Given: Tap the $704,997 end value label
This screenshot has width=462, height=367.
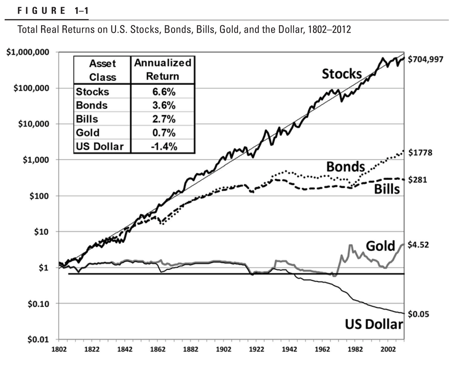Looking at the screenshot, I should click(x=425, y=59).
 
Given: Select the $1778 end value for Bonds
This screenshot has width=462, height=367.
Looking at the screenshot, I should click(x=420, y=153).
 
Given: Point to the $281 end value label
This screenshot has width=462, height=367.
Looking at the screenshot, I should click(x=418, y=180).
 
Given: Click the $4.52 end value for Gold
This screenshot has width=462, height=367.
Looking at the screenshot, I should click(x=419, y=245).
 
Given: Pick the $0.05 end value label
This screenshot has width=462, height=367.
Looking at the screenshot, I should click(x=419, y=314).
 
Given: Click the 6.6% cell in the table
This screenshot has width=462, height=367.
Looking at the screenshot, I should click(x=163, y=92).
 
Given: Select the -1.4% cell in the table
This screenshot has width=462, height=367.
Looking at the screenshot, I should click(x=163, y=146).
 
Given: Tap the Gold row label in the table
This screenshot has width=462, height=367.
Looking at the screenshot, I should click(x=88, y=133).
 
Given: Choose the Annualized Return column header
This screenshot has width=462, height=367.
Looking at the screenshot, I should click(x=163, y=69).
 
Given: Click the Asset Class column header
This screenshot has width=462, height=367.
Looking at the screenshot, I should click(x=102, y=70).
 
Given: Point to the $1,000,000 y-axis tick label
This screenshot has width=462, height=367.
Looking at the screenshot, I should click(x=28, y=52).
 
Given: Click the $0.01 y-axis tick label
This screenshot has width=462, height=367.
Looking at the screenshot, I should click(x=38, y=340).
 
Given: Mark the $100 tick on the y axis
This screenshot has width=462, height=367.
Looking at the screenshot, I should click(x=39, y=196).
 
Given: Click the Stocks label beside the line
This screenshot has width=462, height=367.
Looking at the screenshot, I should click(x=342, y=74).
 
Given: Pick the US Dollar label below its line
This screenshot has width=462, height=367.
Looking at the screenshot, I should click(x=374, y=324).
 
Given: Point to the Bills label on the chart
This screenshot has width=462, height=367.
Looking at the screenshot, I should click(x=387, y=189).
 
